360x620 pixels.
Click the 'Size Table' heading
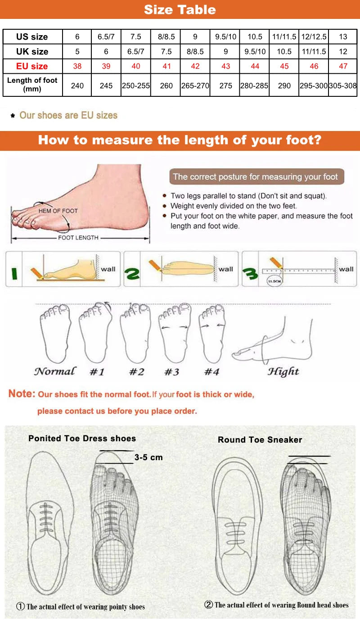[180, 9]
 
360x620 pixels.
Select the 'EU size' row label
[32, 66]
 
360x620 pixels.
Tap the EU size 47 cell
[343, 66]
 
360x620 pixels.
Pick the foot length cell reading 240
[77, 85]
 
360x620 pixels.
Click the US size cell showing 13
[343, 37]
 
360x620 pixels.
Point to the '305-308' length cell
[343, 85]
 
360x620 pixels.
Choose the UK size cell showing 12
[343, 52]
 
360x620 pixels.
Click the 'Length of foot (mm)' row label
[32, 85]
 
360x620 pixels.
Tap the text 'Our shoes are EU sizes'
[68, 115]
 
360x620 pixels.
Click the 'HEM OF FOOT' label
[58, 211]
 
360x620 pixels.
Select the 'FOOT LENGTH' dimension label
[78, 237]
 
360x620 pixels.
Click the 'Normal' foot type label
[55, 371]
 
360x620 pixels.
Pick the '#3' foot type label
[171, 372]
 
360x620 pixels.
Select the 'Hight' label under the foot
[283, 371]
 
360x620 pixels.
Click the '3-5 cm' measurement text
[148, 457]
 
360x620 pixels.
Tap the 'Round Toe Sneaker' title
[260, 440]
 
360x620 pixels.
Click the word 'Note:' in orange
[22, 394]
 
